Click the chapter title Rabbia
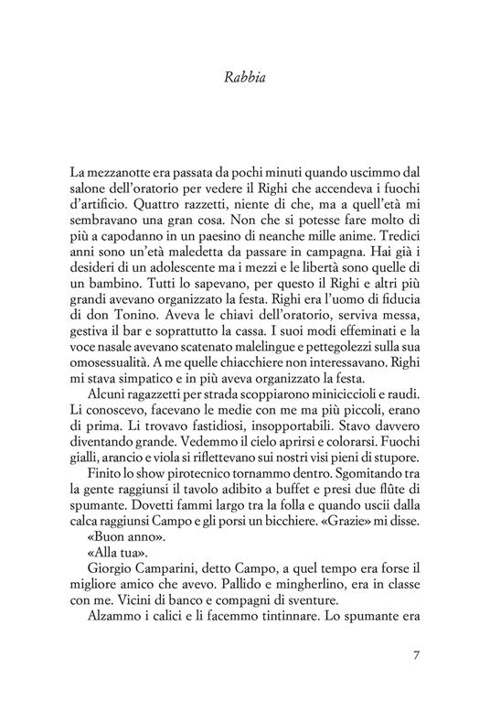[244, 78]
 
